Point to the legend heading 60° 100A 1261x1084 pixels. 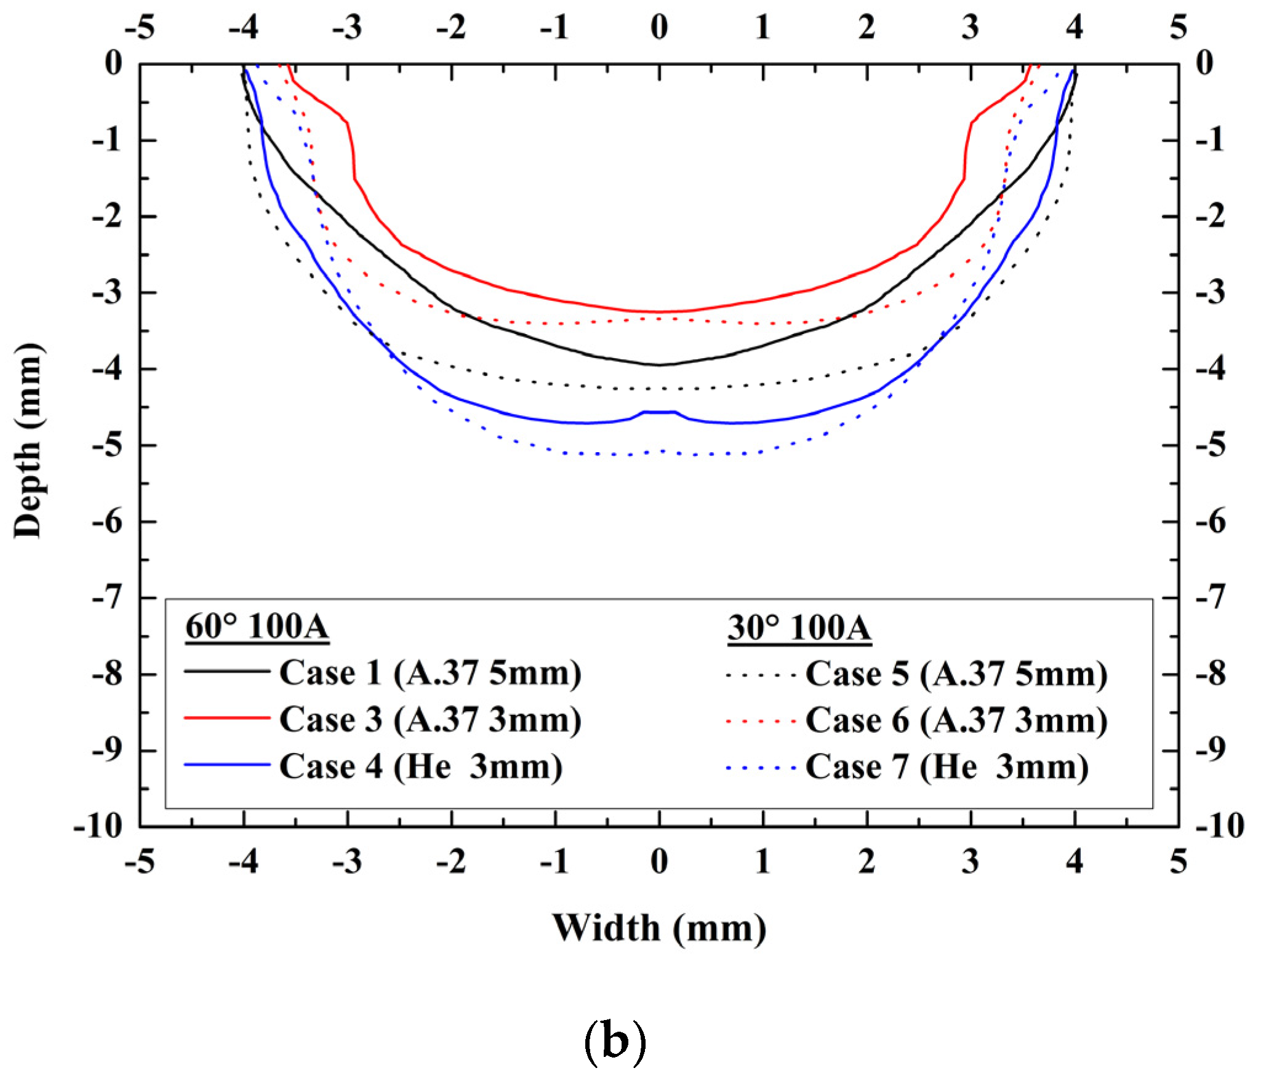[x=257, y=627]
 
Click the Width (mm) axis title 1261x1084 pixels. [x=659, y=928]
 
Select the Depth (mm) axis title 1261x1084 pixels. [x=28, y=440]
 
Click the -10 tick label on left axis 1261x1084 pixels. [x=98, y=826]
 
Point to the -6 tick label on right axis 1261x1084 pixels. [x=1210, y=522]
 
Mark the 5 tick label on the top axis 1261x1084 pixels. [x=1178, y=27]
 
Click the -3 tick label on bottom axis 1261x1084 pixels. [x=347, y=861]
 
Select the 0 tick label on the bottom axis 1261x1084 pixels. [x=659, y=861]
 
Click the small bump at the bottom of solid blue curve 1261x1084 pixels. [x=659, y=412]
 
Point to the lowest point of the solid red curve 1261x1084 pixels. [x=659, y=311]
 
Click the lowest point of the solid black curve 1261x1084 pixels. [x=659, y=365]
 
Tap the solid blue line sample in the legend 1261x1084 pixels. [x=227, y=765]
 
